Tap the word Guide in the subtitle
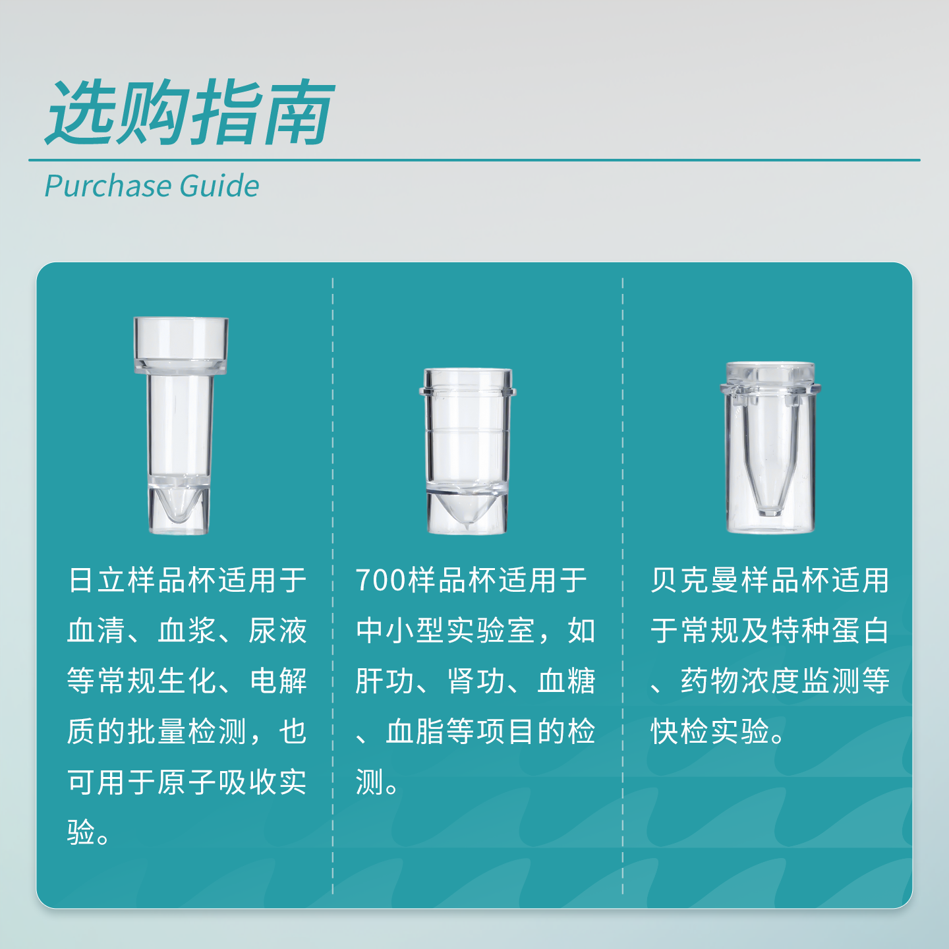pyautogui.click(x=219, y=186)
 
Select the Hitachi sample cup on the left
pyautogui.click(x=181, y=426)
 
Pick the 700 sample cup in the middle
pyautogui.click(x=467, y=451)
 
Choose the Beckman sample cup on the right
pyautogui.click(x=770, y=447)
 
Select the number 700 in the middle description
pyautogui.click(x=381, y=580)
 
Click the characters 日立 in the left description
pyautogui.click(x=97, y=580)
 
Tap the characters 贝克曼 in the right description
pyautogui.click(x=695, y=580)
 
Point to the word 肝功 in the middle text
pyautogui.click(x=385, y=681)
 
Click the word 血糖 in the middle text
pyautogui.click(x=566, y=681)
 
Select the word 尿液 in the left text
pyautogui.click(x=277, y=631)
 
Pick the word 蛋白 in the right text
pyautogui.click(x=860, y=631)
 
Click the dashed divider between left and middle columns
pyautogui.click(x=333, y=586)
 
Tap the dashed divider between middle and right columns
pyautogui.click(x=623, y=586)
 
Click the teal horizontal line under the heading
pyautogui.click(x=474, y=160)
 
